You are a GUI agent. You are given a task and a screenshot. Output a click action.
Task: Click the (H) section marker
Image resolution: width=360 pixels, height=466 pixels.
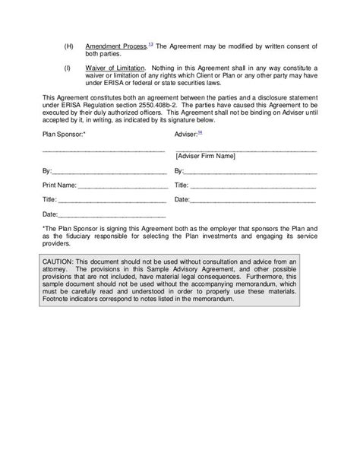click(x=68, y=46)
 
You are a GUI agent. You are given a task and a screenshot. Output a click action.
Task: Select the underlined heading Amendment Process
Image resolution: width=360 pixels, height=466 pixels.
click(x=115, y=46)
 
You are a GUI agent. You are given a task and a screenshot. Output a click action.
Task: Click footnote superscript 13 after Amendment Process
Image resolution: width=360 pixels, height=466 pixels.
click(x=150, y=44)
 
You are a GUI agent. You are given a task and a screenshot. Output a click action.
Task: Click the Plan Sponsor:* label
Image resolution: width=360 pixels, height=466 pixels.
click(x=64, y=135)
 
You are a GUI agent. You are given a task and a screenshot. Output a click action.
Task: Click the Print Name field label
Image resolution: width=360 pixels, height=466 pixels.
click(x=59, y=185)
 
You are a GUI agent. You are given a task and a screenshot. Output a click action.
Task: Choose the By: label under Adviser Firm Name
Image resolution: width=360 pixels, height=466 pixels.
click(x=179, y=170)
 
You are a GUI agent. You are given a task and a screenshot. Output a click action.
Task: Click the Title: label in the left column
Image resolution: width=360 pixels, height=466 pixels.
click(x=49, y=199)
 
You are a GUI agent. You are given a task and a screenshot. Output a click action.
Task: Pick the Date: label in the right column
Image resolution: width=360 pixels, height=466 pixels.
click(x=182, y=199)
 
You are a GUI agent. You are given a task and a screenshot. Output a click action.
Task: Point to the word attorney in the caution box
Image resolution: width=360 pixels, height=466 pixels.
click(x=58, y=268)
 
